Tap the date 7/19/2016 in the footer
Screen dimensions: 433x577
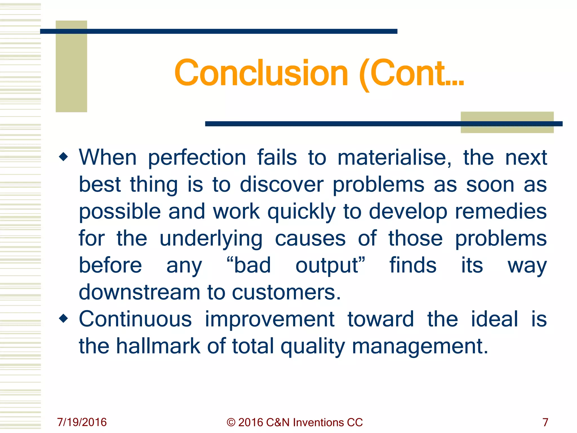click(82, 422)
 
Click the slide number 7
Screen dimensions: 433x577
click(545, 422)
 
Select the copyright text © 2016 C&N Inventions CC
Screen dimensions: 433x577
click(294, 422)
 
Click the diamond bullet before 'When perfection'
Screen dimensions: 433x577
click(64, 157)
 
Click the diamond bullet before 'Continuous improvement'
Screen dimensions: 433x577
click(64, 319)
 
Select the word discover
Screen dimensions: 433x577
click(281, 185)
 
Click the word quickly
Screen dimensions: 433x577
click(301, 212)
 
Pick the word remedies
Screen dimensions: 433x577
click(501, 211)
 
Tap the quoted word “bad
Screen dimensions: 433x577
click(248, 265)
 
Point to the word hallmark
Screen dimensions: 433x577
click(158, 346)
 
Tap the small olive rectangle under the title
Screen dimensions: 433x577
click(507, 128)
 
